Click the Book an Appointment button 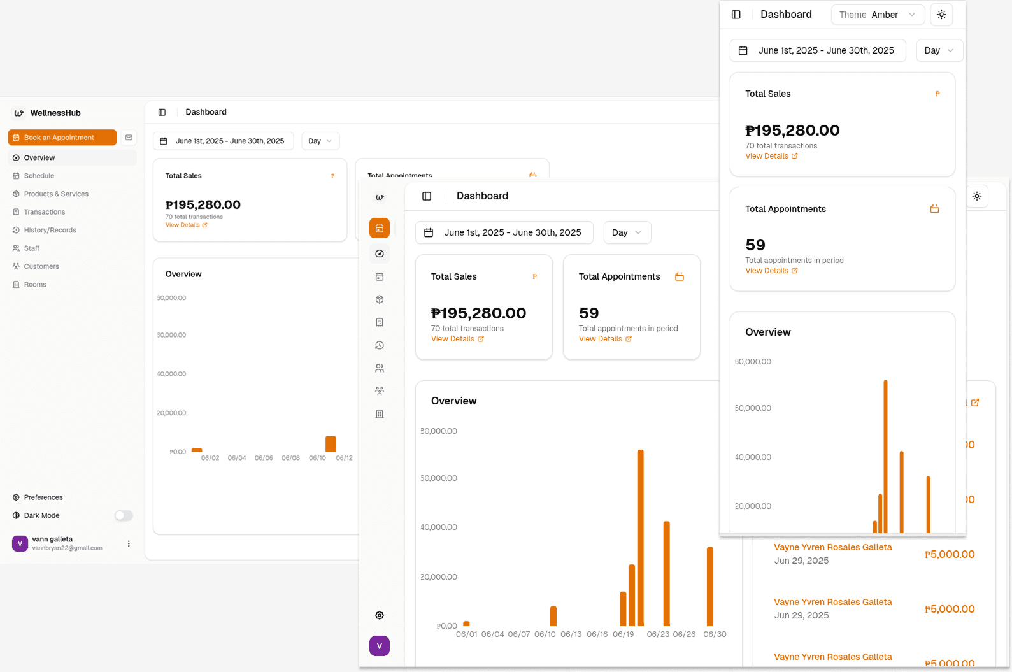pyautogui.click(x=62, y=138)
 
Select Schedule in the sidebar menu pyautogui.click(x=39, y=176)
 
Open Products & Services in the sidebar pyautogui.click(x=56, y=194)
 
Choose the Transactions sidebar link pyautogui.click(x=45, y=212)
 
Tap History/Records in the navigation pyautogui.click(x=50, y=231)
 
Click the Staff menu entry pyautogui.click(x=32, y=248)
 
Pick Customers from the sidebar pyautogui.click(x=41, y=267)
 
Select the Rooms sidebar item pyautogui.click(x=35, y=285)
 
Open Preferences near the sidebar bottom pyautogui.click(x=43, y=497)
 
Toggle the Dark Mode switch pyautogui.click(x=124, y=516)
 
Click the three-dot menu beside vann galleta pyautogui.click(x=129, y=544)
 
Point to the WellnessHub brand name pyautogui.click(x=55, y=113)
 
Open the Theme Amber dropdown pyautogui.click(x=877, y=15)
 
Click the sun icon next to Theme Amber pyautogui.click(x=941, y=15)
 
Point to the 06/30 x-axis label pyautogui.click(x=715, y=634)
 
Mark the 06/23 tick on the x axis pyautogui.click(x=658, y=634)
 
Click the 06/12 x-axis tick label pyautogui.click(x=344, y=458)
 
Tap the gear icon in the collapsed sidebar pyautogui.click(x=380, y=615)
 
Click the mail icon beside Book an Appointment pyautogui.click(x=129, y=138)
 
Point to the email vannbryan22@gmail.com pyautogui.click(x=67, y=548)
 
